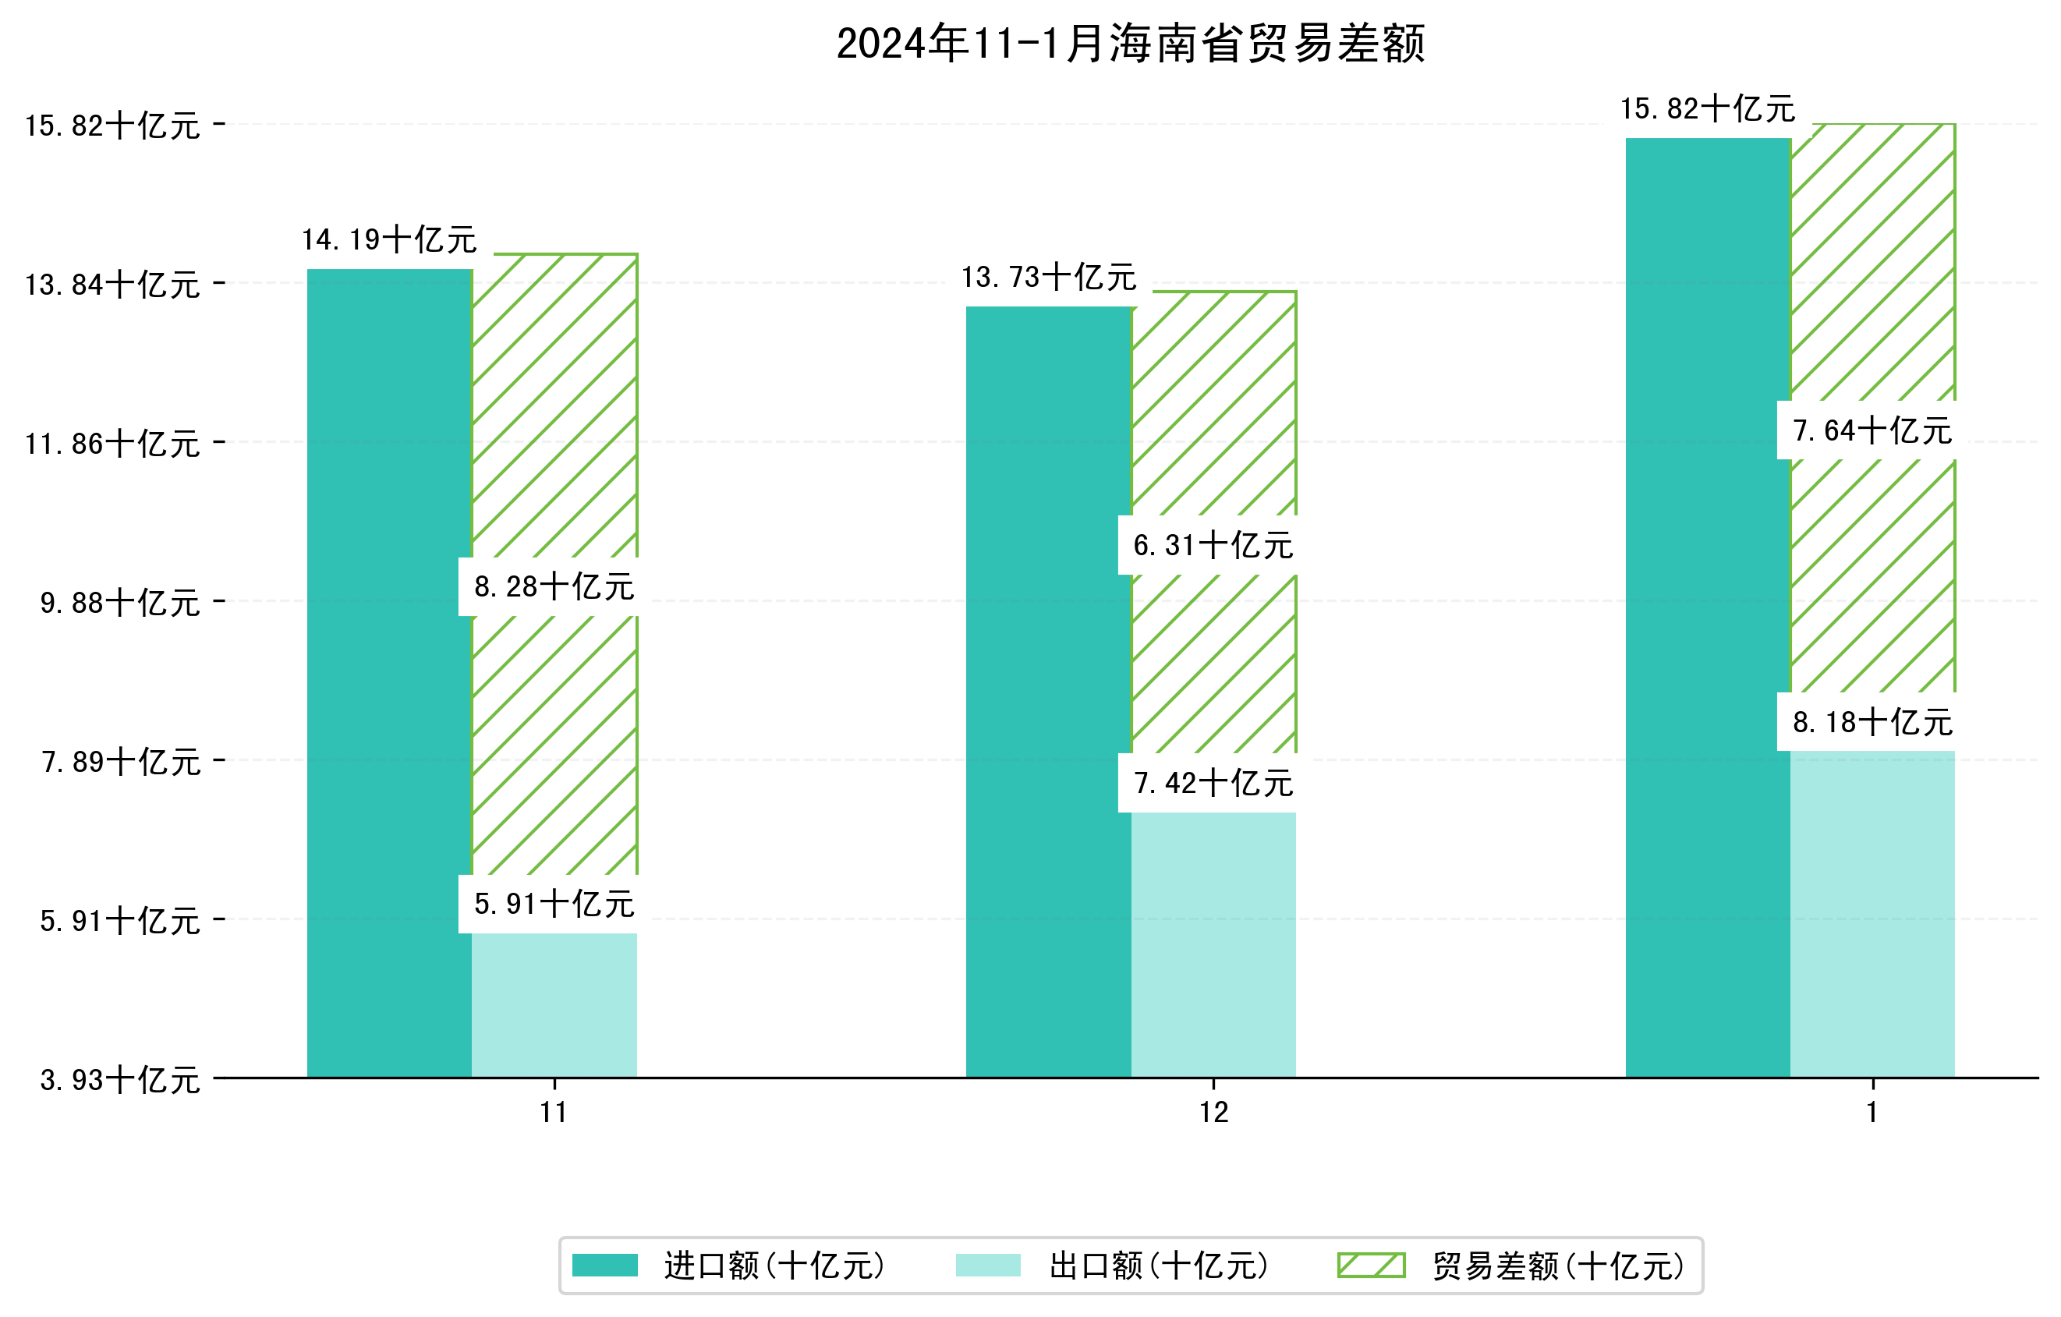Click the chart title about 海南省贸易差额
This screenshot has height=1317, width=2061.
(1130, 44)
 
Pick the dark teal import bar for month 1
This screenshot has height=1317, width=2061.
(1708, 607)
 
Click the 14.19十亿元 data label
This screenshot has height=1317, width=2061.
(389, 239)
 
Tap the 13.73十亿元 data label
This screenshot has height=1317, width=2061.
(1049, 278)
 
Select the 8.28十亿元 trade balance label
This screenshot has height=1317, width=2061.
(554, 587)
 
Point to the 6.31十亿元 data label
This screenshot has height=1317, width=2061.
(1213, 545)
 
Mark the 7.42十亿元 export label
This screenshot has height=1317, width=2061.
(1213, 783)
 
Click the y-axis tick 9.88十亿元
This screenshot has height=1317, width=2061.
(120, 603)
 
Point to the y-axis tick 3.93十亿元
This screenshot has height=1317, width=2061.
(120, 1080)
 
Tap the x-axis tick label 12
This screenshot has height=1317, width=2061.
(1213, 1113)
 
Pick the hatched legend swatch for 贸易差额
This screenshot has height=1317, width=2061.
(1371, 1266)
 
